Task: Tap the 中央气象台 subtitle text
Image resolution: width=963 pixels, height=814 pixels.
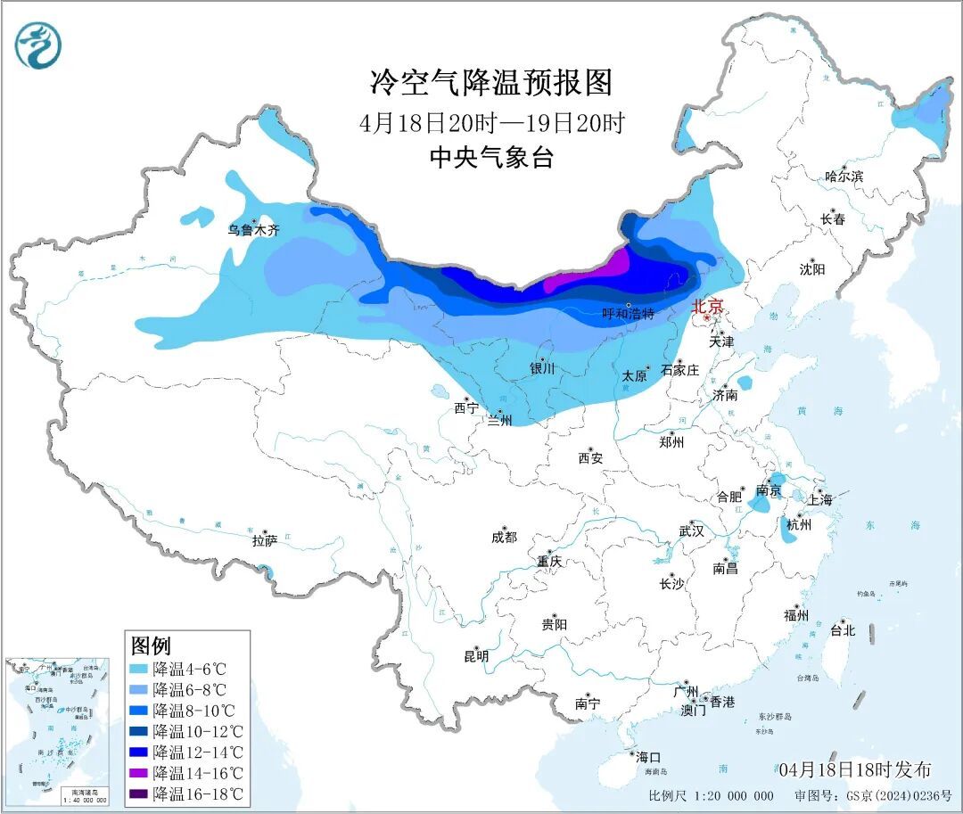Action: [491, 158]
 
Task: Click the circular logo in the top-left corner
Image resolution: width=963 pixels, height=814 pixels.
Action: [38, 45]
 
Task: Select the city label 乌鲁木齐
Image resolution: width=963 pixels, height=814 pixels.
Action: [252, 230]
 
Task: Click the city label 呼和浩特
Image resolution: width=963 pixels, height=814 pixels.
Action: [628, 314]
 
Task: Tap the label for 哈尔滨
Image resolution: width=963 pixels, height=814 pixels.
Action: [843, 177]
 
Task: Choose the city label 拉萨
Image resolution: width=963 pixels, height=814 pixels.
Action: [264, 540]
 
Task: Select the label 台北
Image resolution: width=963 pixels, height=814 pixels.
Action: [842, 629]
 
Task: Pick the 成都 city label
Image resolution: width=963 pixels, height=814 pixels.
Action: [503, 537]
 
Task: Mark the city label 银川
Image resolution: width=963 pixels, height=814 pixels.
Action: [542, 367]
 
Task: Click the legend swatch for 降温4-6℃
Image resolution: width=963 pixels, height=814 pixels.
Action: [138, 668]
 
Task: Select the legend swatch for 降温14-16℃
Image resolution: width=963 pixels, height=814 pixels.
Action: [138, 772]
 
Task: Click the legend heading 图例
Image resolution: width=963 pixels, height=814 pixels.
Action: [151, 645]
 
